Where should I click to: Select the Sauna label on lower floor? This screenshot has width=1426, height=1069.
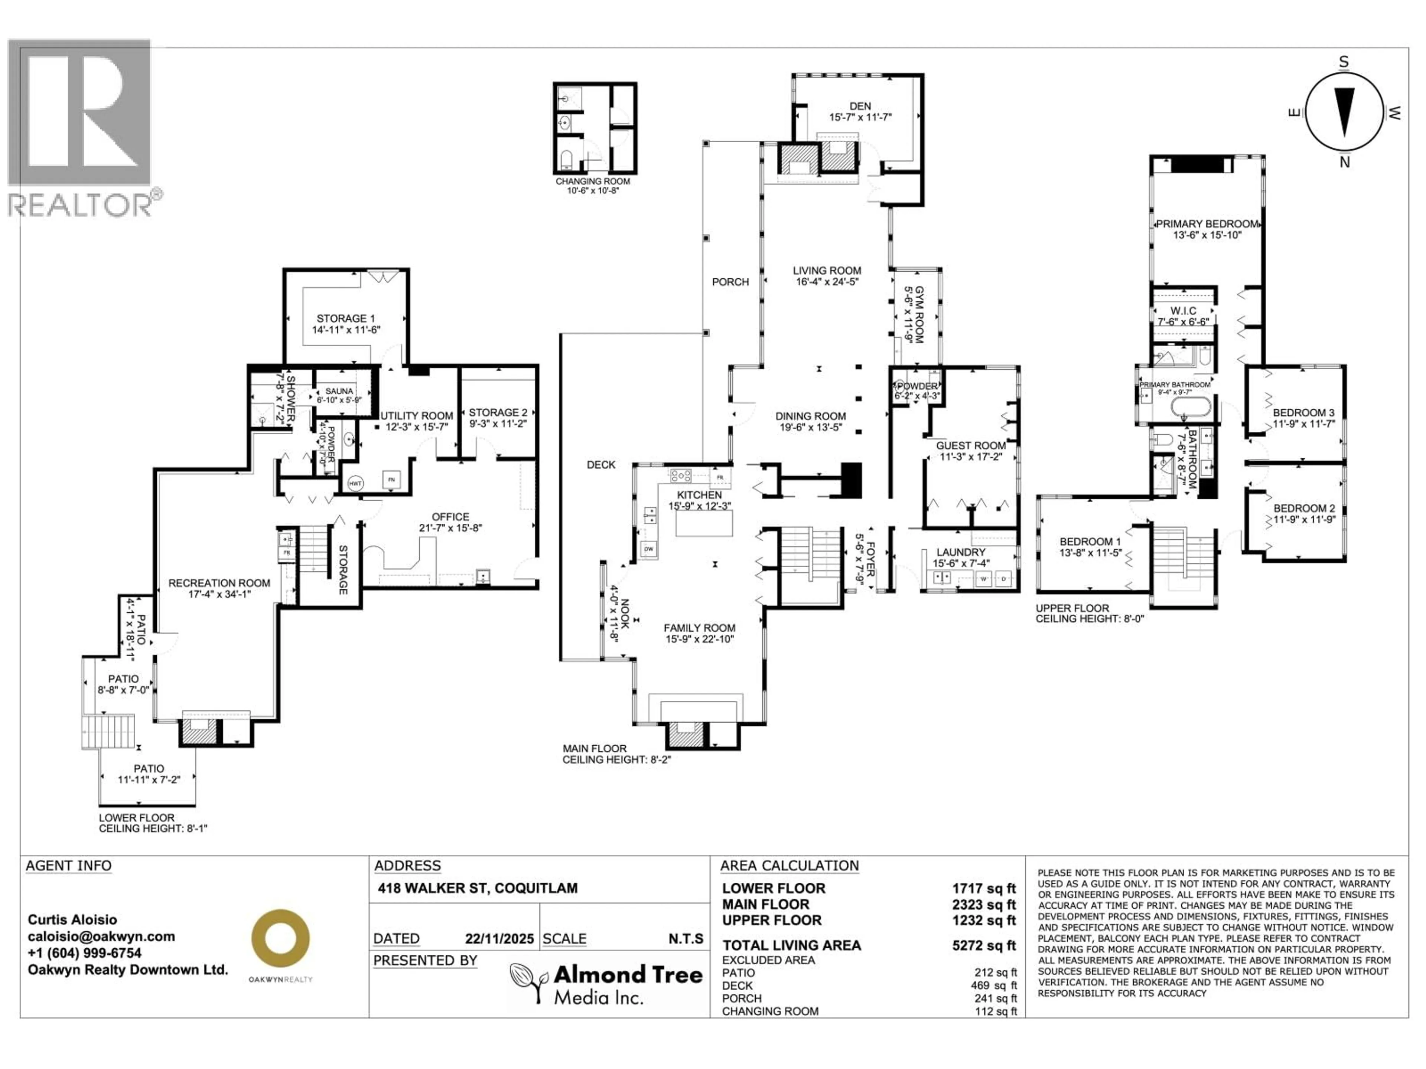pos(339,390)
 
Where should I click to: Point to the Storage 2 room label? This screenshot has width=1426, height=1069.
pos(498,412)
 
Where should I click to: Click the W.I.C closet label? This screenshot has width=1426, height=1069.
pos(1183,311)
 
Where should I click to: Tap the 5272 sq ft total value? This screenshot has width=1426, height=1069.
pos(984,945)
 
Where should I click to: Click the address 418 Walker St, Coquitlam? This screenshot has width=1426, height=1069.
pos(478,888)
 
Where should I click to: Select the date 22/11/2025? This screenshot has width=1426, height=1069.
pos(499,939)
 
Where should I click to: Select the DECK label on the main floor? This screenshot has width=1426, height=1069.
pos(601,465)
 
